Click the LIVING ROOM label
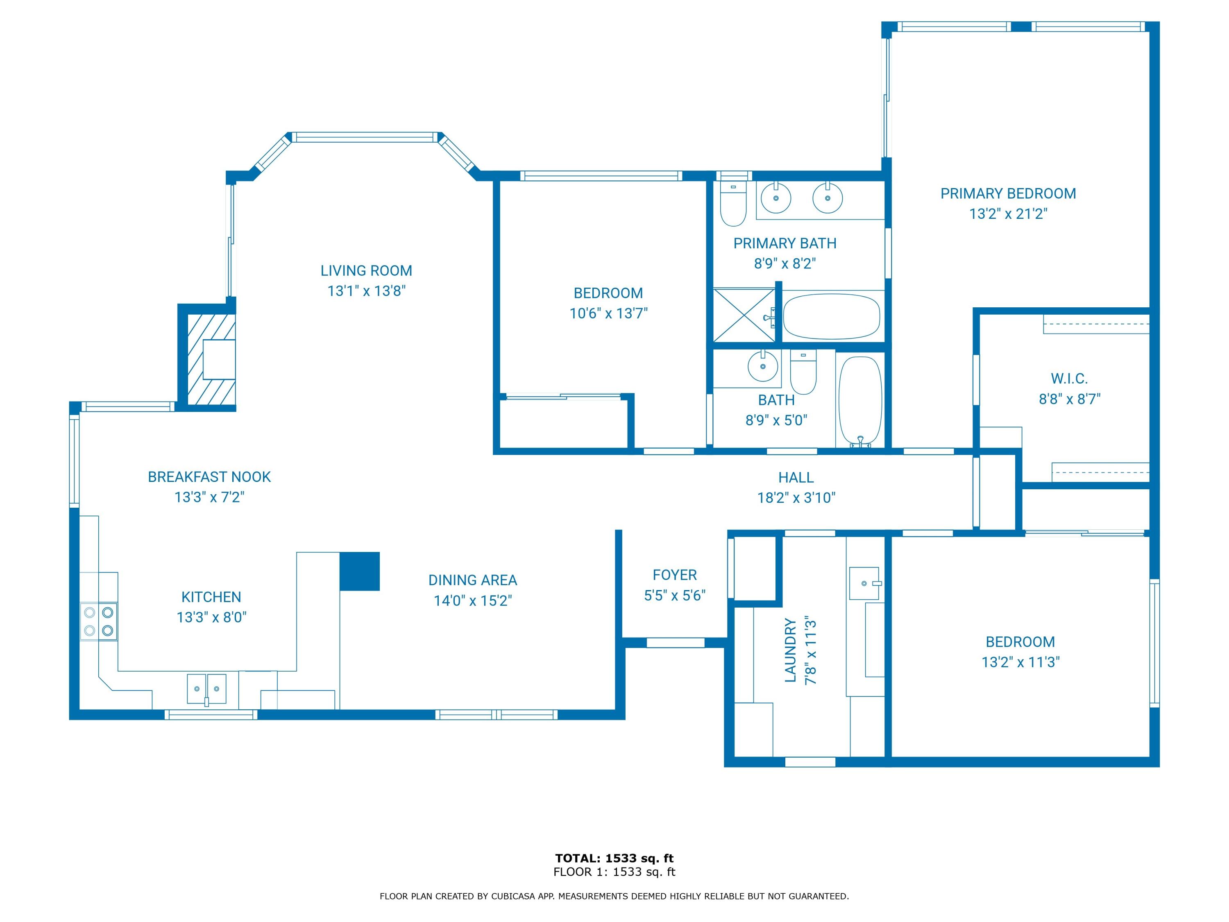coord(366,270)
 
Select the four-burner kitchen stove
coord(99,621)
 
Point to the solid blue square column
coord(359,571)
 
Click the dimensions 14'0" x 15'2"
coord(473,601)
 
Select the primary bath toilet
coord(733,204)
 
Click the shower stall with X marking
coord(744,315)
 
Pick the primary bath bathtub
coord(831,317)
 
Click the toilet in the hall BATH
coord(803,372)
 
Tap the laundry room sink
coord(864,584)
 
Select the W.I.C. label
coord(1069,379)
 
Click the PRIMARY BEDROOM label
coord(1008,193)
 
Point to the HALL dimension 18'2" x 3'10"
coord(796,498)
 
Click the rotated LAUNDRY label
coord(790,650)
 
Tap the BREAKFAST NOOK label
coord(209,477)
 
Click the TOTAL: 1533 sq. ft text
coord(614,858)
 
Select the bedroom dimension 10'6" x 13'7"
coord(608,313)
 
